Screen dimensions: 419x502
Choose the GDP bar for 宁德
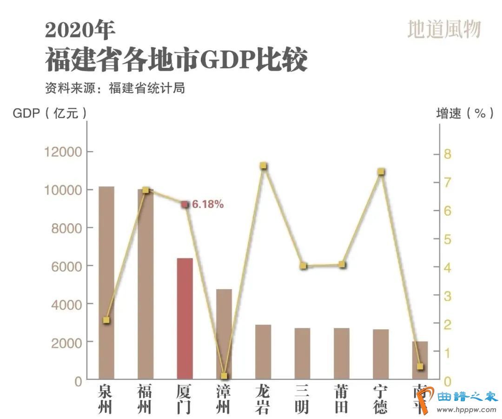[x=381, y=354]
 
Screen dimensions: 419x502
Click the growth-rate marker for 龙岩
[x=264, y=166]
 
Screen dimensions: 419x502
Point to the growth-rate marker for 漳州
[x=224, y=376]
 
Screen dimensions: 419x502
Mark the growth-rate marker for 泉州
[x=106, y=320]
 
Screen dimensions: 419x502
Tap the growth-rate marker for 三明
[x=303, y=266]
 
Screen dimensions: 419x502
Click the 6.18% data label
[x=208, y=204]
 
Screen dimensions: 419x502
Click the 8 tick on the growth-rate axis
[x=448, y=154]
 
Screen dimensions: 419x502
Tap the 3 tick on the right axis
[x=448, y=296]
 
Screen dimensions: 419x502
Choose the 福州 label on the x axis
[x=145, y=399]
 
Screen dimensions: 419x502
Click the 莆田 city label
[x=342, y=399]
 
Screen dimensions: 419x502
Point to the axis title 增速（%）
[x=464, y=113]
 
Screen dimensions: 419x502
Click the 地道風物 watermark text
[x=443, y=30]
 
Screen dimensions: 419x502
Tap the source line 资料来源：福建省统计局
[x=115, y=88]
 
